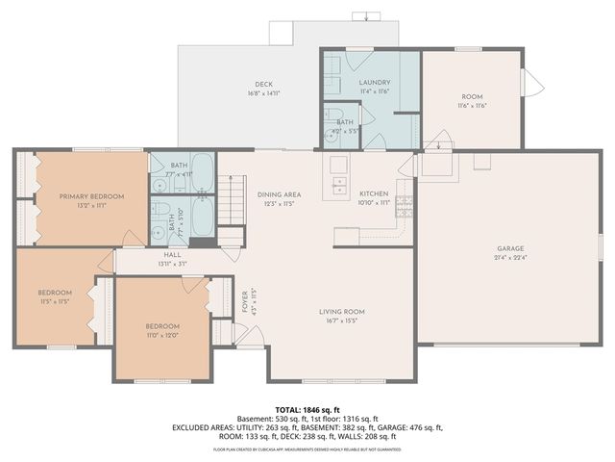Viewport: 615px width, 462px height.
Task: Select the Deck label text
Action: pos(263,85)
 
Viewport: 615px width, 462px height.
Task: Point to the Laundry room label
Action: pos(374,84)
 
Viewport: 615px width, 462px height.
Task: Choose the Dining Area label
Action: pos(279,194)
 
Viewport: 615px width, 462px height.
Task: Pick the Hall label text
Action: pos(172,254)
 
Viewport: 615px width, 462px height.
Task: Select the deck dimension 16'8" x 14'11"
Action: pos(263,94)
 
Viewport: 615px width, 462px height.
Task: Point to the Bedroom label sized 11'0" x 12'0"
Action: pos(161,325)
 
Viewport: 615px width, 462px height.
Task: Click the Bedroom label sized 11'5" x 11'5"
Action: pos(55,292)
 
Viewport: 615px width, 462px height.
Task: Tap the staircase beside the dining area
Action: pos(232,200)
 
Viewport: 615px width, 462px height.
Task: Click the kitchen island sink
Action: pos(339,185)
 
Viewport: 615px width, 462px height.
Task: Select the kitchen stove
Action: pos(405,204)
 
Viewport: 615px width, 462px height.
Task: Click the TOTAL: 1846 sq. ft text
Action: pos(307,410)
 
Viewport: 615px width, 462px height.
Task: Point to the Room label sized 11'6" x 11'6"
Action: pos(471,96)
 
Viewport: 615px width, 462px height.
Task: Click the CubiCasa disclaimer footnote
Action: pos(307,449)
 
